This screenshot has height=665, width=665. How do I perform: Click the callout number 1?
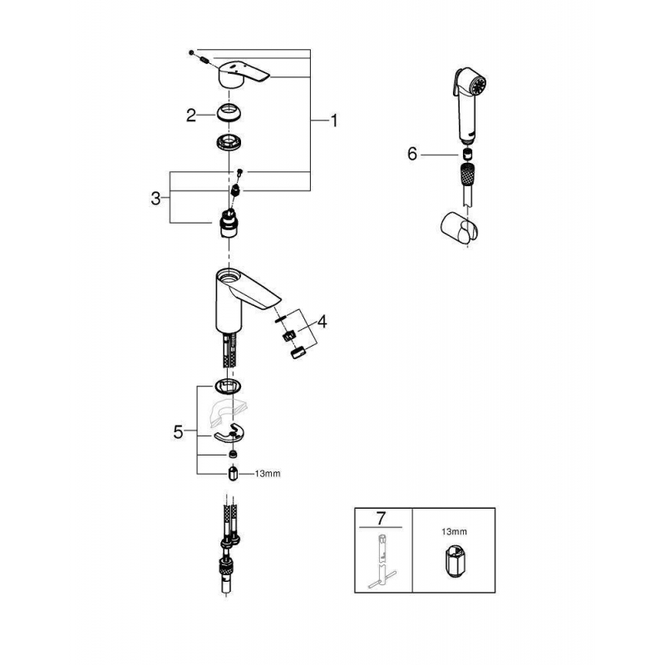pyautogui.click(x=334, y=121)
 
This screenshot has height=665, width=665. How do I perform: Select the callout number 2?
pyautogui.click(x=191, y=116)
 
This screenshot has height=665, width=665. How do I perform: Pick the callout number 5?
pyautogui.click(x=176, y=431)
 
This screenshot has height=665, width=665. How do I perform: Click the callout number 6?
pyautogui.click(x=412, y=154)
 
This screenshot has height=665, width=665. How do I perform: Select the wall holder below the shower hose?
pyautogui.click(x=456, y=225)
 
